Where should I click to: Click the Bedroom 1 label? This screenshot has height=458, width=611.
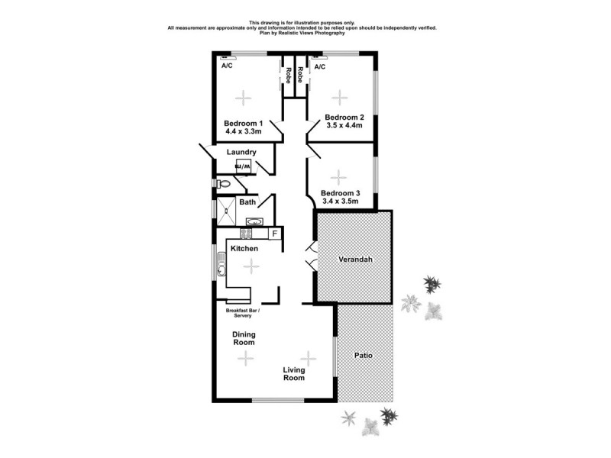click(x=244, y=123)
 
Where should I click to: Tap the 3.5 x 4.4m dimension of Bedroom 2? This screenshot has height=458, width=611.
click(x=344, y=126)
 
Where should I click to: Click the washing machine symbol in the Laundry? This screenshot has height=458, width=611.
click(x=242, y=166)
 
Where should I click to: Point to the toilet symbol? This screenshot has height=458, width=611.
click(x=223, y=184)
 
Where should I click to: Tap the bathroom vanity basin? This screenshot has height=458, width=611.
click(x=254, y=221)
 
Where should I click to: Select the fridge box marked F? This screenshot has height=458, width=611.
click(x=274, y=234)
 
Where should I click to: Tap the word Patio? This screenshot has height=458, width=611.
click(x=364, y=356)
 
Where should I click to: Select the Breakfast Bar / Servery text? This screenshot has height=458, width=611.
click(x=243, y=313)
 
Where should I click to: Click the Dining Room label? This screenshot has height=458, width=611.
click(x=244, y=338)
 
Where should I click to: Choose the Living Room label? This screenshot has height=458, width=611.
click(x=293, y=373)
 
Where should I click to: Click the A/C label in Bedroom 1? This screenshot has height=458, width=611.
click(x=227, y=66)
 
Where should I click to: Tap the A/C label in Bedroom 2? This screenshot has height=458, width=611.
click(x=320, y=66)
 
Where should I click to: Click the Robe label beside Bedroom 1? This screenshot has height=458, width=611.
click(x=288, y=75)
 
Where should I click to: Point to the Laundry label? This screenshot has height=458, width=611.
click(x=241, y=152)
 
